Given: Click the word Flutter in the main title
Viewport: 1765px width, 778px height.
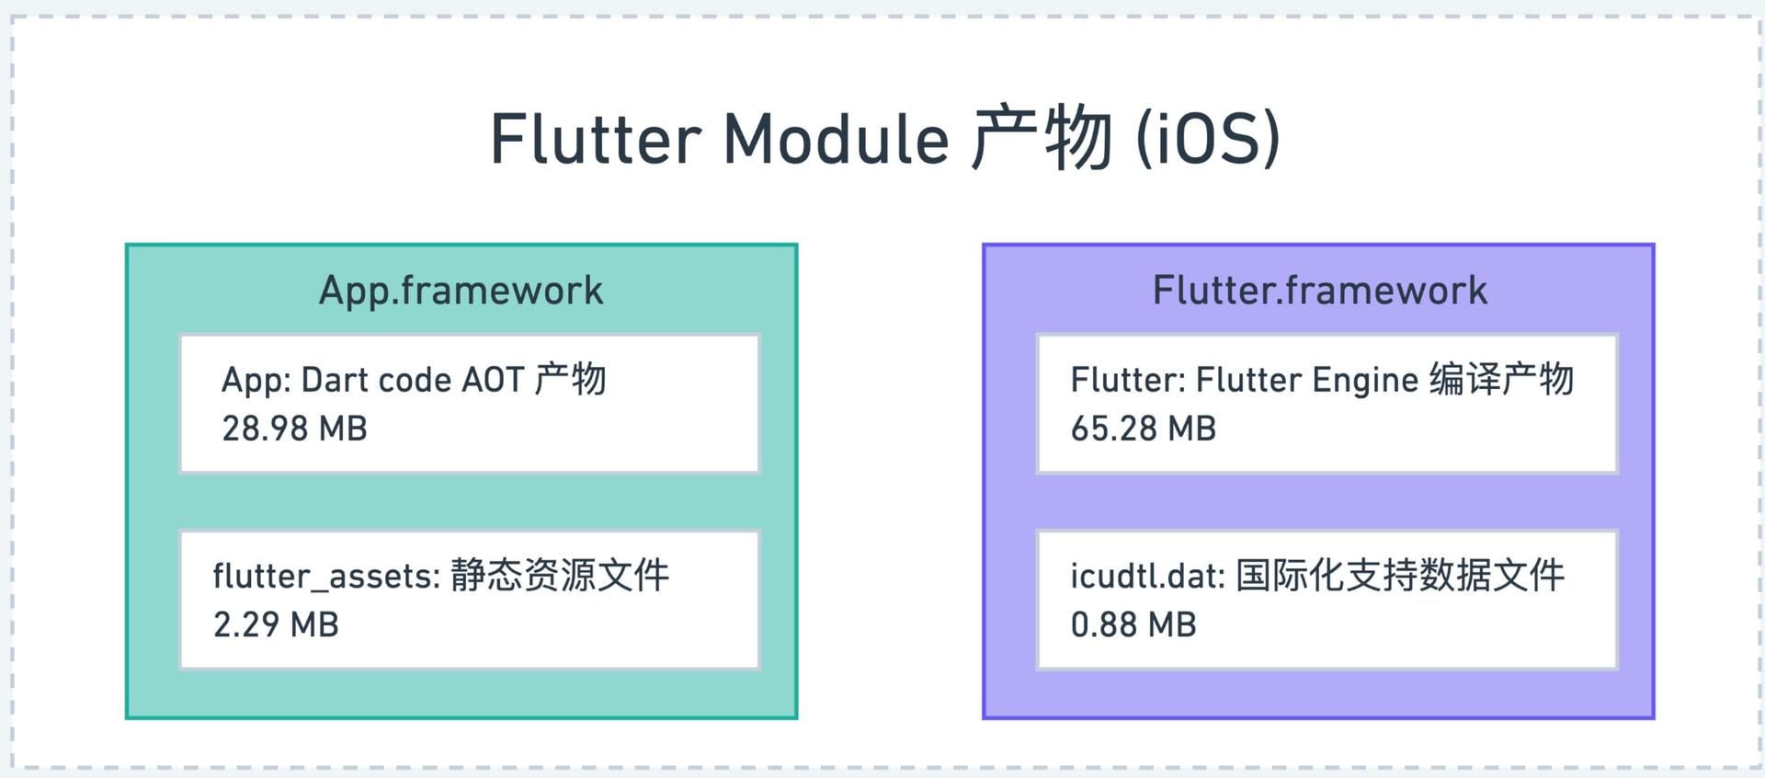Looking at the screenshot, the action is (596, 139).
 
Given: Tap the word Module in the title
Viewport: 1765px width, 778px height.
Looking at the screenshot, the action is (837, 139).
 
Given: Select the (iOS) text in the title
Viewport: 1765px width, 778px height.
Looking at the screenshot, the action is (1209, 139).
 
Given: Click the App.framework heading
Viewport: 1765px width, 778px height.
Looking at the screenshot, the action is (461, 291).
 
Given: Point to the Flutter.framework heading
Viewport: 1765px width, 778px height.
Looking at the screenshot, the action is (1320, 291).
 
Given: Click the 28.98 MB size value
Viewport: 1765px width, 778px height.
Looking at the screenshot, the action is (294, 429).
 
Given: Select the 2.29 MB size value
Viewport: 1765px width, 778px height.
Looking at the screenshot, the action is (276, 624).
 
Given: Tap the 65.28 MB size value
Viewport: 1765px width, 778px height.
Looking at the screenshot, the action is (1144, 429).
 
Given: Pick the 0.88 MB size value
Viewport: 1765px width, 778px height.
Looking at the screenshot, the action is (1133, 624).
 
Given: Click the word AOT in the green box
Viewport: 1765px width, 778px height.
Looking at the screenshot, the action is (493, 380).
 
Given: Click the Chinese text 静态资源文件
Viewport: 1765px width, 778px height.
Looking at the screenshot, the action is (560, 576).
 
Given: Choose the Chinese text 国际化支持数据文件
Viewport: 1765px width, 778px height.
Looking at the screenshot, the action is (1400, 576).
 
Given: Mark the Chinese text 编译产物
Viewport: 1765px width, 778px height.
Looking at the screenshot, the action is (1501, 379).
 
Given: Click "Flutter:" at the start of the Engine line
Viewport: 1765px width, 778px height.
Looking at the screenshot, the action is (1128, 380).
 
